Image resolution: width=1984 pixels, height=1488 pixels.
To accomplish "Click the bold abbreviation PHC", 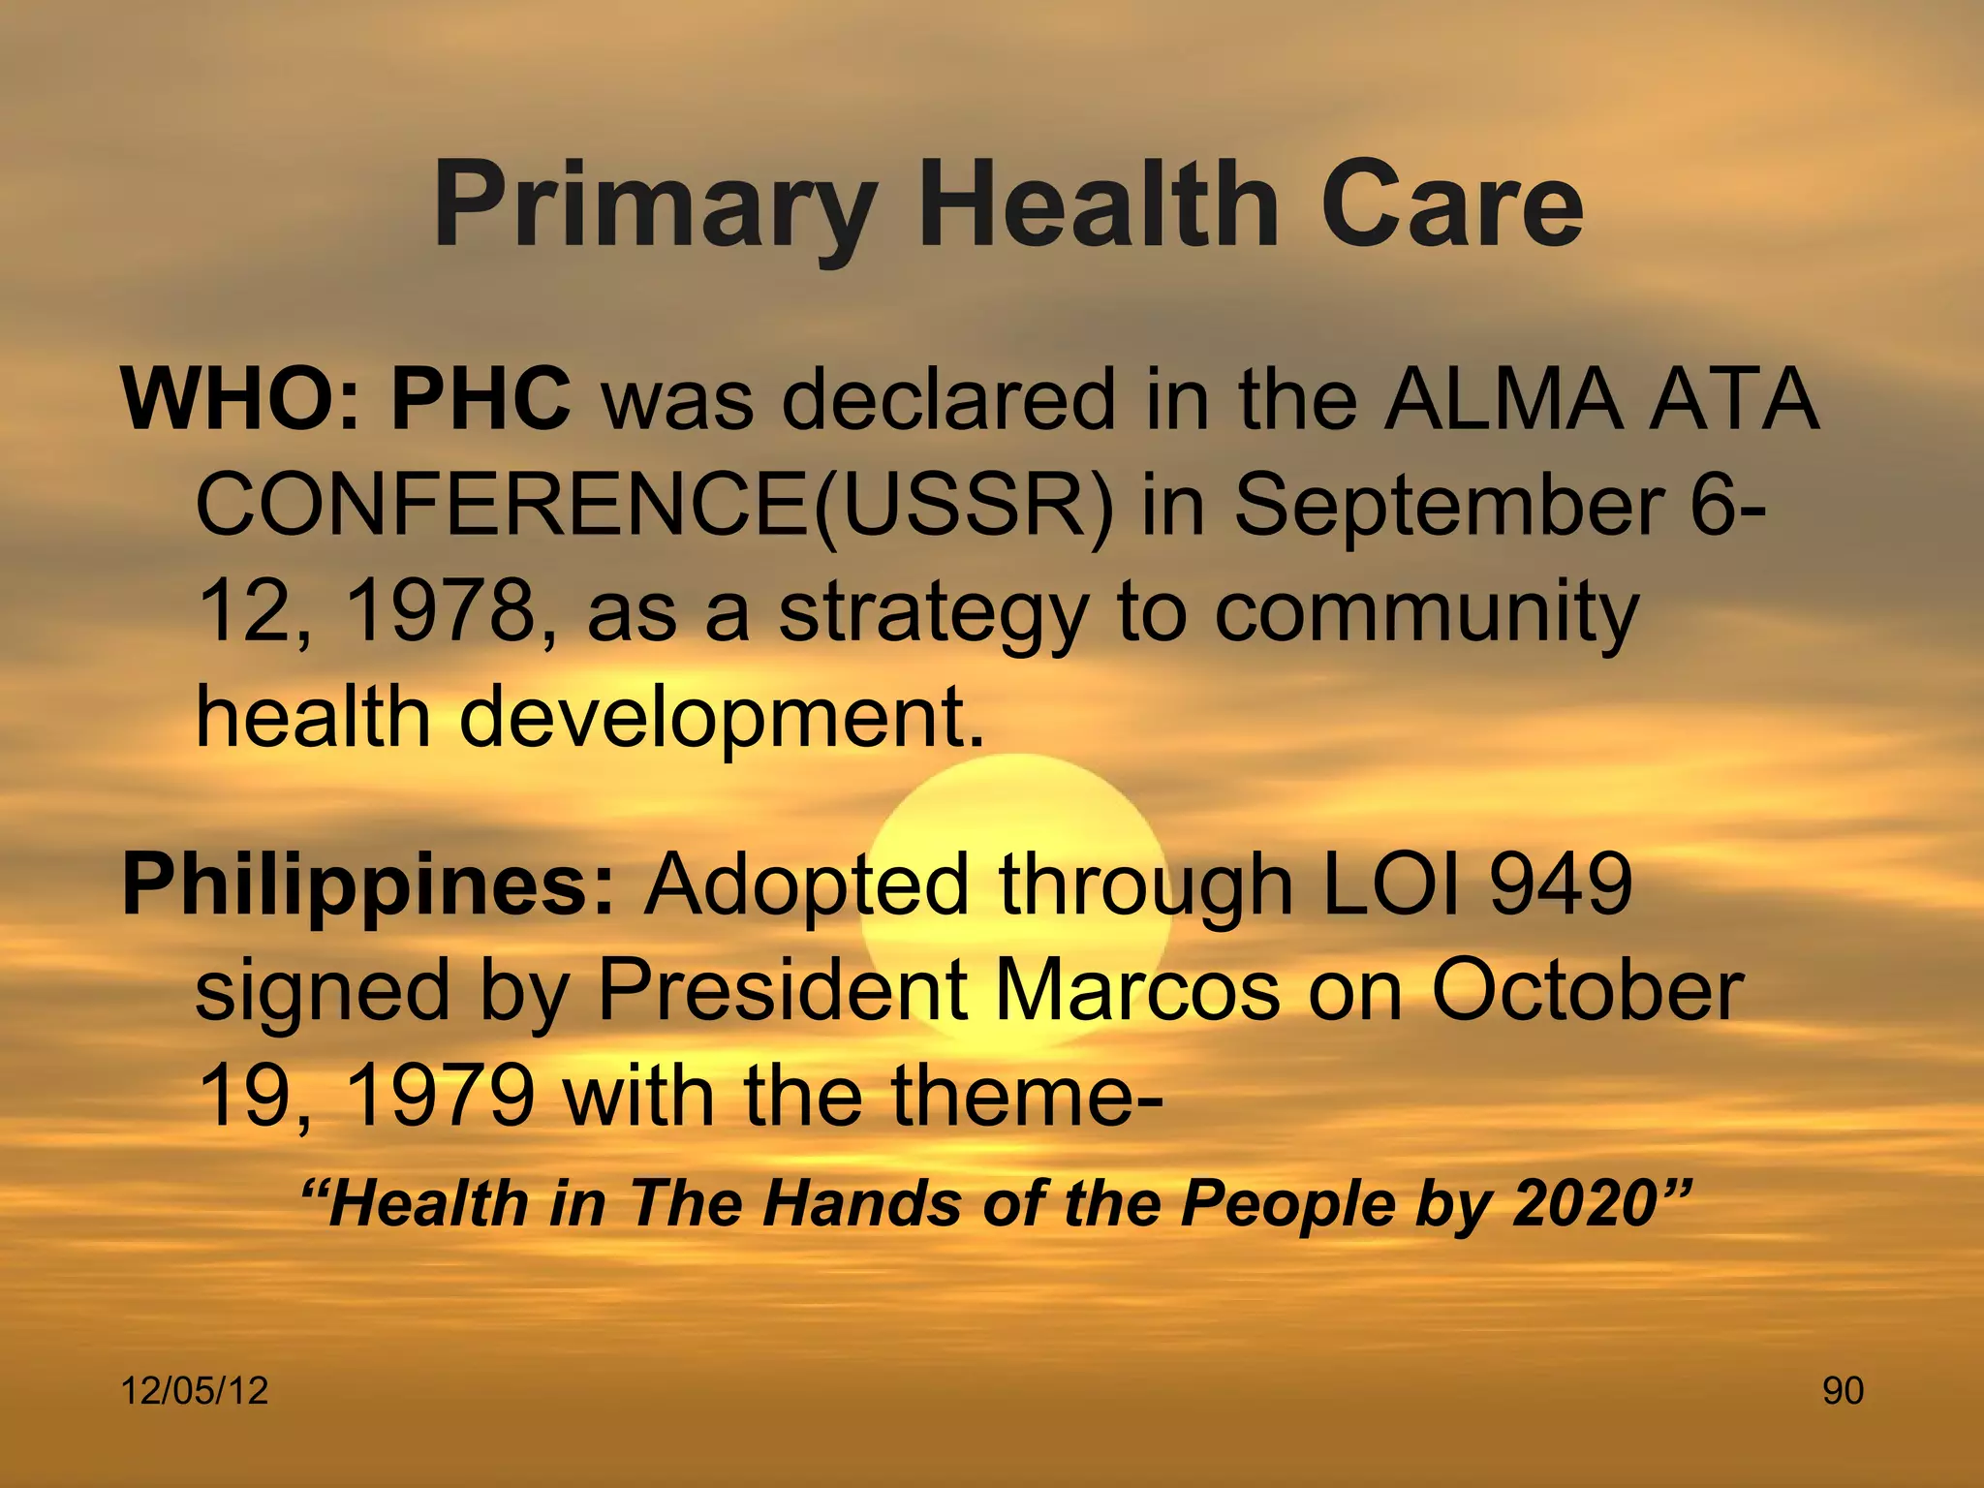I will coord(481,400).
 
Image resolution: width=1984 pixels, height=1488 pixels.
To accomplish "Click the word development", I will coord(721,720).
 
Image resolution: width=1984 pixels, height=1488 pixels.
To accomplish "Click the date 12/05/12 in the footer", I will coord(194,1391).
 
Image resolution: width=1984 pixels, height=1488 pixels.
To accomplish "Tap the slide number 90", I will coord(1843,1391).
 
